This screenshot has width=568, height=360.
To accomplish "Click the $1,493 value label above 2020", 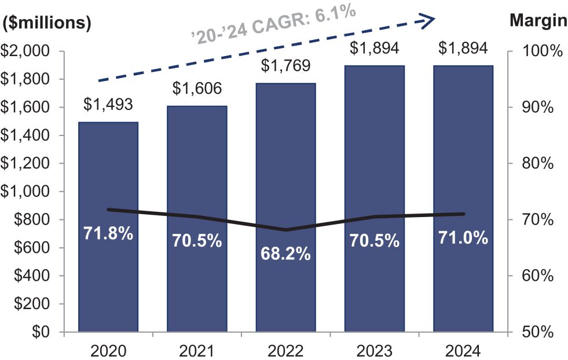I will point(108,104).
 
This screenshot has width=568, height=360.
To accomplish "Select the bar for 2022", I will point(285,174).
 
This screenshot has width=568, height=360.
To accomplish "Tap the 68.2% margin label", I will point(285,254).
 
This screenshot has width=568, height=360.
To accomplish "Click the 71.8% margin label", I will point(108,234).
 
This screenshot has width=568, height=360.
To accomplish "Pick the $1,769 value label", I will point(285,66).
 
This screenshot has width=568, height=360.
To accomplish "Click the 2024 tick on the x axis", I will point(463,351).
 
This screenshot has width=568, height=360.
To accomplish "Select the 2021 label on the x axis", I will point(197,351).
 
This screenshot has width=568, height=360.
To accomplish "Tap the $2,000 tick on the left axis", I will point(28,52).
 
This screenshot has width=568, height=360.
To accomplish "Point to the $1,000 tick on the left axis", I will point(28,192).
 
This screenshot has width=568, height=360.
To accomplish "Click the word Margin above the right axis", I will point(538,21).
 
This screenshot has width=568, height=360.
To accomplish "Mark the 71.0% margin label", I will point(463,237).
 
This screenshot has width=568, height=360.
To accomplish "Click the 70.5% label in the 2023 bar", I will point(375,240).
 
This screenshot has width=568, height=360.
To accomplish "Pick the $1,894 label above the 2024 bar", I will point(463,47).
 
